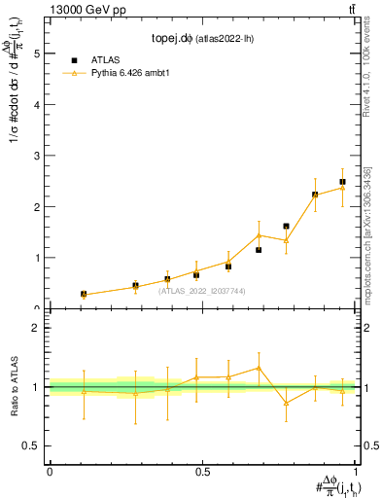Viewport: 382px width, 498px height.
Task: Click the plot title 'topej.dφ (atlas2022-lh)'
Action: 203,38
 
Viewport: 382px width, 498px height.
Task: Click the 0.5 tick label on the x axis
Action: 202,472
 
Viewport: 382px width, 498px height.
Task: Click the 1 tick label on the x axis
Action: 356,472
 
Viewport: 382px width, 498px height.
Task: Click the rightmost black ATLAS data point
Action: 343,182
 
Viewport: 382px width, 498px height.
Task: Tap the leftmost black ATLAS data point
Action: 84,294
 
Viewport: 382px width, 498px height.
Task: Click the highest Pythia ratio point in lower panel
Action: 259,368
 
